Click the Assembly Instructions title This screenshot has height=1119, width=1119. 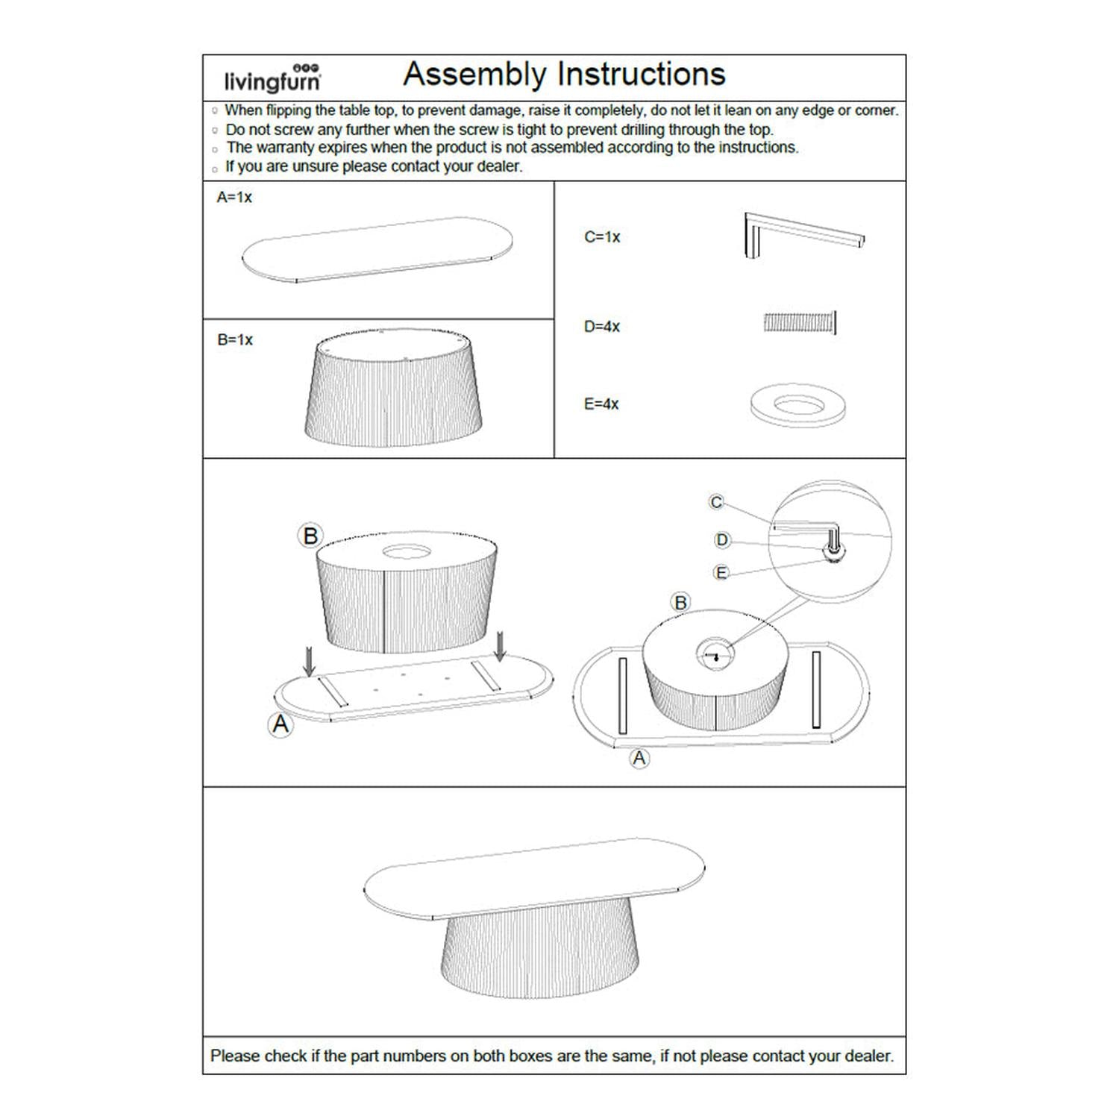coord(564,75)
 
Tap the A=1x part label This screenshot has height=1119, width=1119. coord(234,198)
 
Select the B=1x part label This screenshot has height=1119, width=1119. coord(235,340)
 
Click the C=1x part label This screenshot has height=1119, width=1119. coord(602,237)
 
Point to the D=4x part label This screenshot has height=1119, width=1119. coord(602,327)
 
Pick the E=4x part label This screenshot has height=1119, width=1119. coord(601,404)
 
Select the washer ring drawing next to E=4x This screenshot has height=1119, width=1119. coord(797,407)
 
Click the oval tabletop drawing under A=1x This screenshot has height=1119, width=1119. coord(377,250)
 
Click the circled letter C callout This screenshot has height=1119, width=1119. coord(716,502)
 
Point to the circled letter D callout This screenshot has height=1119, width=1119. coord(721,540)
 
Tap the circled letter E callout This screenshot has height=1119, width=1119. coord(721,573)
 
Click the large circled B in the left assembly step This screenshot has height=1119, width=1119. coord(310,536)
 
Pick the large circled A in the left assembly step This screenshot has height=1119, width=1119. coord(280,724)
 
